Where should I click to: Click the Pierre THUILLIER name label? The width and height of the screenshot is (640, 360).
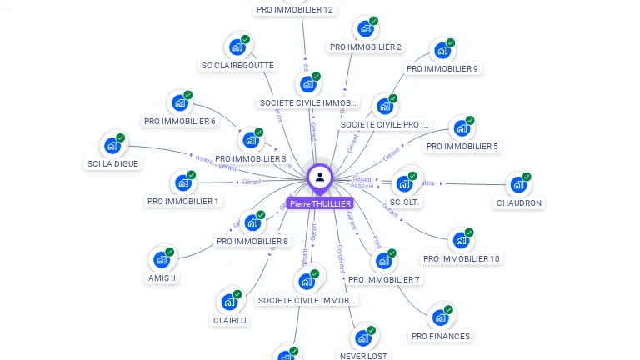(320, 203)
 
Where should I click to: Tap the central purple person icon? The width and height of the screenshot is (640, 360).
(320, 177)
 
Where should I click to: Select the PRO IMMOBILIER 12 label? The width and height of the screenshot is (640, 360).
(295, 10)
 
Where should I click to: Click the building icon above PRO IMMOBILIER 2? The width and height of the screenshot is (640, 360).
(365, 29)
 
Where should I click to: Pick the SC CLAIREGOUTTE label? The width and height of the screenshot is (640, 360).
(237, 65)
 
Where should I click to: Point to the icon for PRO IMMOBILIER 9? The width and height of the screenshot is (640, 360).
(442, 51)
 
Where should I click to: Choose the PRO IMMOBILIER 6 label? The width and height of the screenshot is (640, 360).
(180, 122)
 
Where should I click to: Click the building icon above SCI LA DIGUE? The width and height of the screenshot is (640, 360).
(112, 146)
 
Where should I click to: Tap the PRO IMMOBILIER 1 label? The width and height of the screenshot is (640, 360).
(182, 201)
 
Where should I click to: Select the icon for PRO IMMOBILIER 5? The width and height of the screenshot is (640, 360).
(461, 129)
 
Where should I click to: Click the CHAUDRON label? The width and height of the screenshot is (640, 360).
(519, 202)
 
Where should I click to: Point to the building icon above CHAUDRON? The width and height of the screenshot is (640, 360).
(518, 185)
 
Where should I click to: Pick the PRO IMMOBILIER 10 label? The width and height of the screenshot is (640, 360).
(461, 258)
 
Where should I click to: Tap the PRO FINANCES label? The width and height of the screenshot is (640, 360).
(441, 336)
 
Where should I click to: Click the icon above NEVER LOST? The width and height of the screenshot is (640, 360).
(362, 337)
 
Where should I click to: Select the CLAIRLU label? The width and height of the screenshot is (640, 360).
(230, 320)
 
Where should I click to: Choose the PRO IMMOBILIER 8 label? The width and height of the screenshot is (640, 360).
(252, 242)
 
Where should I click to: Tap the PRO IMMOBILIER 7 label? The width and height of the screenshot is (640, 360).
(384, 279)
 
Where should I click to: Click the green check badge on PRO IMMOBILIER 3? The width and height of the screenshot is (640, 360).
(259, 132)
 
